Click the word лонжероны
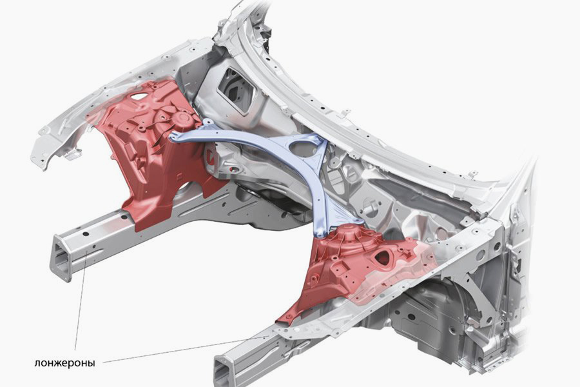point(64,362)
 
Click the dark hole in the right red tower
point(382,258)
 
